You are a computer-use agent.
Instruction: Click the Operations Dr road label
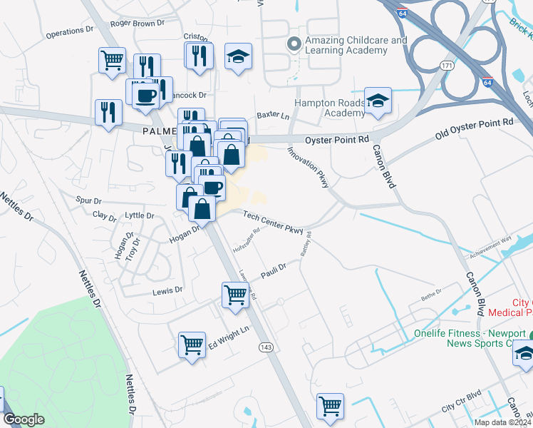pyautogui.click(x=69, y=33)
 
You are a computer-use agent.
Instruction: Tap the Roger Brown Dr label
pyautogui.click(x=138, y=23)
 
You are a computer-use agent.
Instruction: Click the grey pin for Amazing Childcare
pyautogui.click(x=292, y=45)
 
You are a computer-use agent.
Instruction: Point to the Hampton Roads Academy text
pyautogui.click(x=330, y=108)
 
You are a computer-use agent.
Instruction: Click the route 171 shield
pyautogui.click(x=447, y=66)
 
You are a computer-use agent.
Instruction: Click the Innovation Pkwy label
pyautogui.click(x=308, y=168)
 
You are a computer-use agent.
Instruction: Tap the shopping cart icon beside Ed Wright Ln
pyautogui.click(x=192, y=346)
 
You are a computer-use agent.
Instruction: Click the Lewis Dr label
pyautogui.click(x=168, y=291)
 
